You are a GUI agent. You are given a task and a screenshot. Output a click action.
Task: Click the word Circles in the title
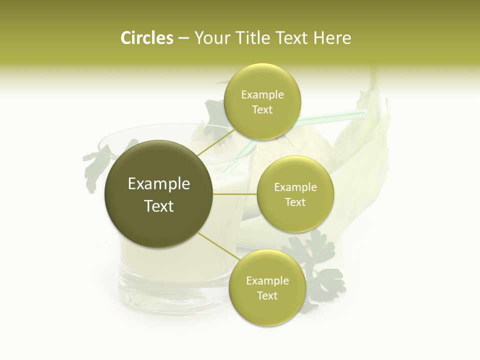(x=146, y=38)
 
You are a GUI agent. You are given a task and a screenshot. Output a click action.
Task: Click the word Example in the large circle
(x=159, y=184)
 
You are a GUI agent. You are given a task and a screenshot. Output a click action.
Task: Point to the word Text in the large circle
(x=159, y=206)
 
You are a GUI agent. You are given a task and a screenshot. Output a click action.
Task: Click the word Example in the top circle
(x=262, y=94)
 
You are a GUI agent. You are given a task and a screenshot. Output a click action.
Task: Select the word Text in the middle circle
(x=295, y=202)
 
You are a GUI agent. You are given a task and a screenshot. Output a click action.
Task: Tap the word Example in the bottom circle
(x=267, y=280)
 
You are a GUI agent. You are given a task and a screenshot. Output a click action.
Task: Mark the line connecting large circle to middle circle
(x=234, y=194)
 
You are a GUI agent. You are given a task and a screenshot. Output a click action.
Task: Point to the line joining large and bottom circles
(x=217, y=246)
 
